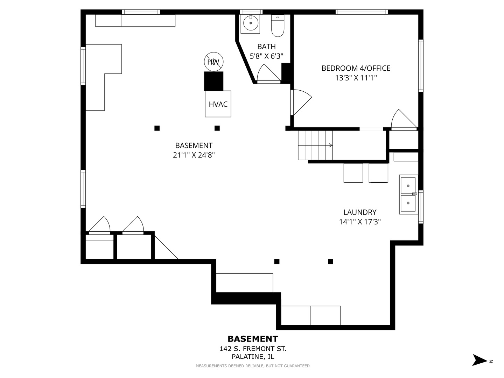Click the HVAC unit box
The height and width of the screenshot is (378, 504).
tap(218, 104)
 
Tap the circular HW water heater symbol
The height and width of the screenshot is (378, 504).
tap(213, 62)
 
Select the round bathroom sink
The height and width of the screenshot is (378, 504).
tap(251, 23)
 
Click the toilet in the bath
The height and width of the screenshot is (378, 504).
tap(278, 26)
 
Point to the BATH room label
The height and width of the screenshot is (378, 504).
tap(266, 47)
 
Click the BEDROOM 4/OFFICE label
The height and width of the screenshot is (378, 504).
tap(356, 68)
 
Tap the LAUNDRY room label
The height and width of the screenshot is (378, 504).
tap(360, 212)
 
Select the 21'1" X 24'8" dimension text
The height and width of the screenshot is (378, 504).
tap(194, 155)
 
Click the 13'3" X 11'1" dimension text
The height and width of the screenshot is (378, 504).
tap(356, 78)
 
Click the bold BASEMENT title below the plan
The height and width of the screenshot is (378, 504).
tap(253, 339)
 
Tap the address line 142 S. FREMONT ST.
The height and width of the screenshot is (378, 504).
tap(253, 349)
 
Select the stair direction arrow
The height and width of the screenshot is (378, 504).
tap(331, 145)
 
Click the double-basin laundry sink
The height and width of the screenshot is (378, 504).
tap(408, 194)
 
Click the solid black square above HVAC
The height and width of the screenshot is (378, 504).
tap(213, 81)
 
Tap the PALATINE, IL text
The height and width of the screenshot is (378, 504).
tap(253, 357)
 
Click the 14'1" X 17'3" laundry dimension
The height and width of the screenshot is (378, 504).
tap(360, 222)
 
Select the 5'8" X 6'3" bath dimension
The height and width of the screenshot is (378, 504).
tap(266, 56)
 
